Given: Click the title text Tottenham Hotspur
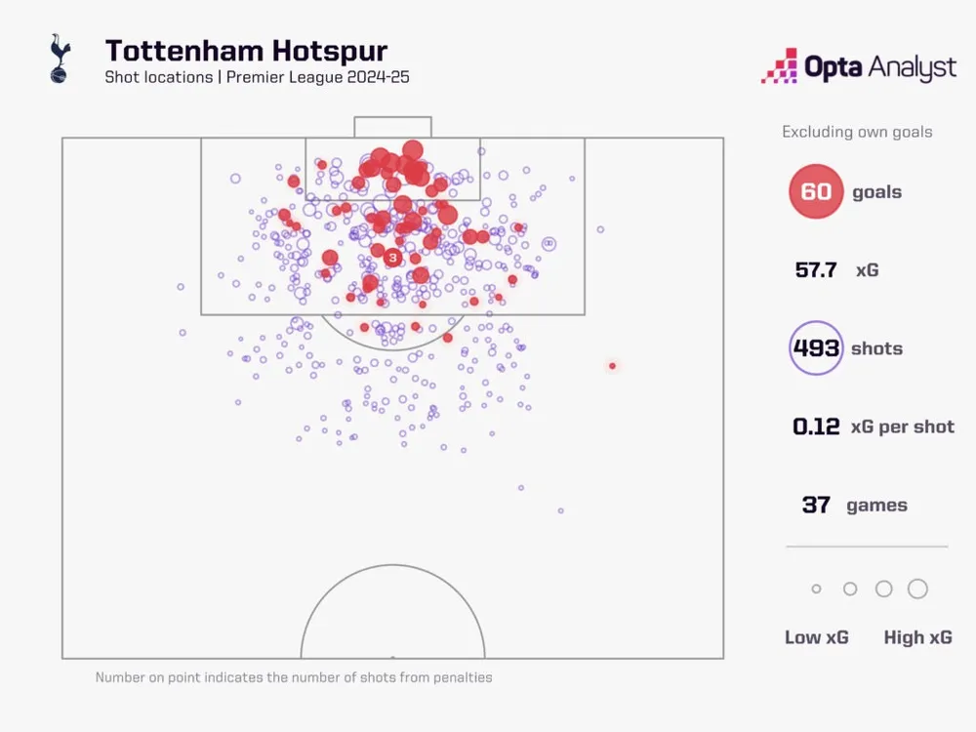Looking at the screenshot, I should (246, 51).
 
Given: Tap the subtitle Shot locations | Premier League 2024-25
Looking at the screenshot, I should (257, 77).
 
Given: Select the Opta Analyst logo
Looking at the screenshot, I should (858, 67).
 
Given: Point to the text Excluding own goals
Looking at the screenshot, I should (857, 132).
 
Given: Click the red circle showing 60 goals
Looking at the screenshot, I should (816, 191).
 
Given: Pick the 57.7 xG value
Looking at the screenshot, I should (816, 269).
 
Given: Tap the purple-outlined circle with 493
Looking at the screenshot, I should (816, 348).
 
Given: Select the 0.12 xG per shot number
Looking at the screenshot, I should (816, 427).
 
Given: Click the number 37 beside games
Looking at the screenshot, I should (816, 505).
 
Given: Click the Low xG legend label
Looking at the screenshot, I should (816, 637).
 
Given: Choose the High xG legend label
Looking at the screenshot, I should (917, 637).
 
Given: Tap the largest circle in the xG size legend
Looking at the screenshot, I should (917, 589).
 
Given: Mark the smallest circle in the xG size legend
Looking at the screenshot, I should (816, 590).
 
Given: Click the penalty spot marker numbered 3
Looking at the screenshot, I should (392, 258).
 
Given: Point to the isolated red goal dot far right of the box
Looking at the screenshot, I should (612, 366).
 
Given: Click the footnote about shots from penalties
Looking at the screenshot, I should (294, 677).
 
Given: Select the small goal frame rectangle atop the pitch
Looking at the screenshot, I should (392, 127).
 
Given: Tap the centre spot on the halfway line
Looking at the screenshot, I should (392, 657).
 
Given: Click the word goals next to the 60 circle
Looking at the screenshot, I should (876, 192).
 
